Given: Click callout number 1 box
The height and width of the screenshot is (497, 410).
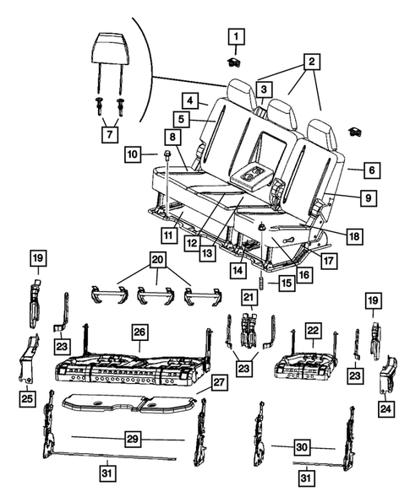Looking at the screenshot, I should click(236, 36).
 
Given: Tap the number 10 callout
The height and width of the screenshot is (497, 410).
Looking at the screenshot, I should click(132, 154).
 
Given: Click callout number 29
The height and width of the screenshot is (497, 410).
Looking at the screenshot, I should click(131, 440).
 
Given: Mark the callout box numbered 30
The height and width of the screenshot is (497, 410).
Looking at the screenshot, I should click(301, 446).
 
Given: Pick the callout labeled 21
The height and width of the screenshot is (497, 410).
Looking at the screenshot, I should click(248, 297).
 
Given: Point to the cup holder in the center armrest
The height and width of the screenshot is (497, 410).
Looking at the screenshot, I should click(253, 175).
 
